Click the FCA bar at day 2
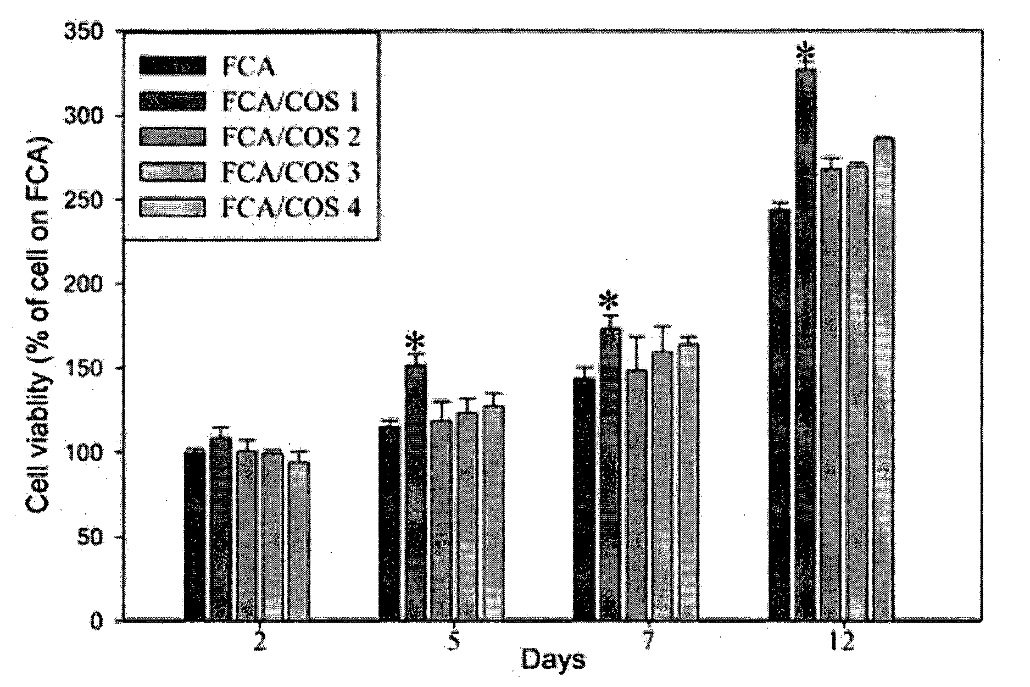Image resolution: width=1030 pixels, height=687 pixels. pyautogui.click(x=195, y=536)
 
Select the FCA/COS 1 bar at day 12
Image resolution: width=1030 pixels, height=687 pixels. pyautogui.click(x=805, y=345)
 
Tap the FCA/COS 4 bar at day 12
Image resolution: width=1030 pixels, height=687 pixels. pyautogui.click(x=884, y=379)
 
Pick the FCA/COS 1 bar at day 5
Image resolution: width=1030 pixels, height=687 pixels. pyautogui.click(x=415, y=493)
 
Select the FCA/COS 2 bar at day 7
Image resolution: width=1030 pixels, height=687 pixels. pyautogui.click(x=636, y=495)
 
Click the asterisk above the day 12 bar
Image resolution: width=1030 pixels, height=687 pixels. pyautogui.click(x=806, y=55)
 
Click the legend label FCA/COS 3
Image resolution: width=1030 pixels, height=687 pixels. pyautogui.click(x=291, y=173)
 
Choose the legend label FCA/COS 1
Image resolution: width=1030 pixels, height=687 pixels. pyautogui.click(x=291, y=101)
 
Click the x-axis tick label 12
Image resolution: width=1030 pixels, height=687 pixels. pyautogui.click(x=840, y=642)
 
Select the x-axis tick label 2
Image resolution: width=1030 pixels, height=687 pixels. pyautogui.click(x=258, y=642)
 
